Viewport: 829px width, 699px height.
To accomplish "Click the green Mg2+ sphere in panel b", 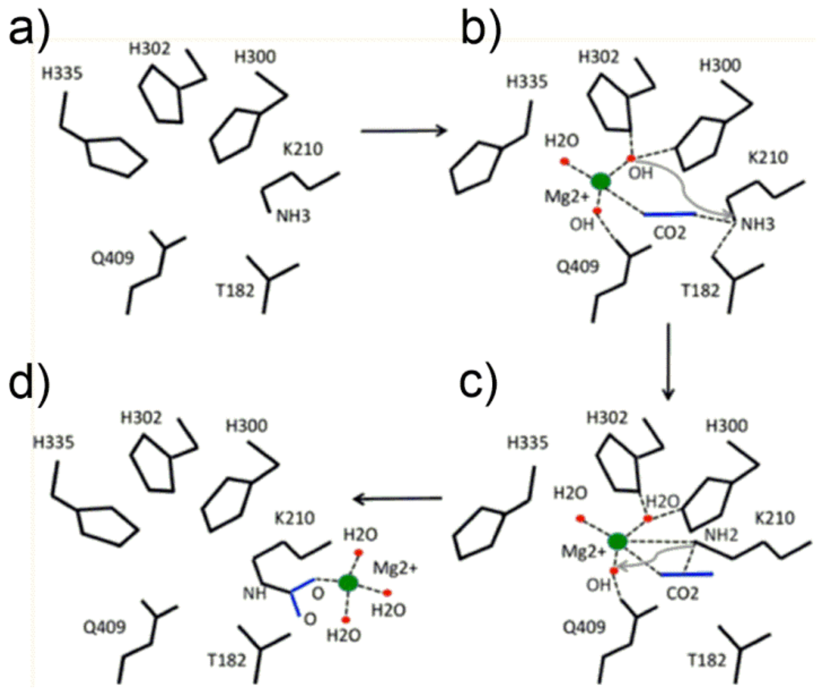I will click(x=600, y=181).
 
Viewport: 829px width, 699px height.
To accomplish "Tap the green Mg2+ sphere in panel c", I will click(x=617, y=541).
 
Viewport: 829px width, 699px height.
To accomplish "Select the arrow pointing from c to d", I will click(x=398, y=498).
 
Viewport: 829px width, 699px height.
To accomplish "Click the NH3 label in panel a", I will click(x=293, y=216).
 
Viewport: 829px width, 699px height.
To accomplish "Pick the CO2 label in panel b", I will click(x=669, y=233).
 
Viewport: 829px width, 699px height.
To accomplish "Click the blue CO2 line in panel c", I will click(x=687, y=574).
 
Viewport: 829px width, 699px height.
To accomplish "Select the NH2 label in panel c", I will click(x=721, y=535).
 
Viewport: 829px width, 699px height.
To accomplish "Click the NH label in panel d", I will click(x=254, y=594).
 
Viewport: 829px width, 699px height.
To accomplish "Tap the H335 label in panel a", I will click(x=62, y=74).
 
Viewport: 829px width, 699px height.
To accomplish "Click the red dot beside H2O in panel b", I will click(x=565, y=161).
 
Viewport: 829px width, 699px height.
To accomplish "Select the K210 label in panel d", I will click(x=294, y=518).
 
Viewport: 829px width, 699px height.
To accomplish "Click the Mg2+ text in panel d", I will click(x=395, y=568).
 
